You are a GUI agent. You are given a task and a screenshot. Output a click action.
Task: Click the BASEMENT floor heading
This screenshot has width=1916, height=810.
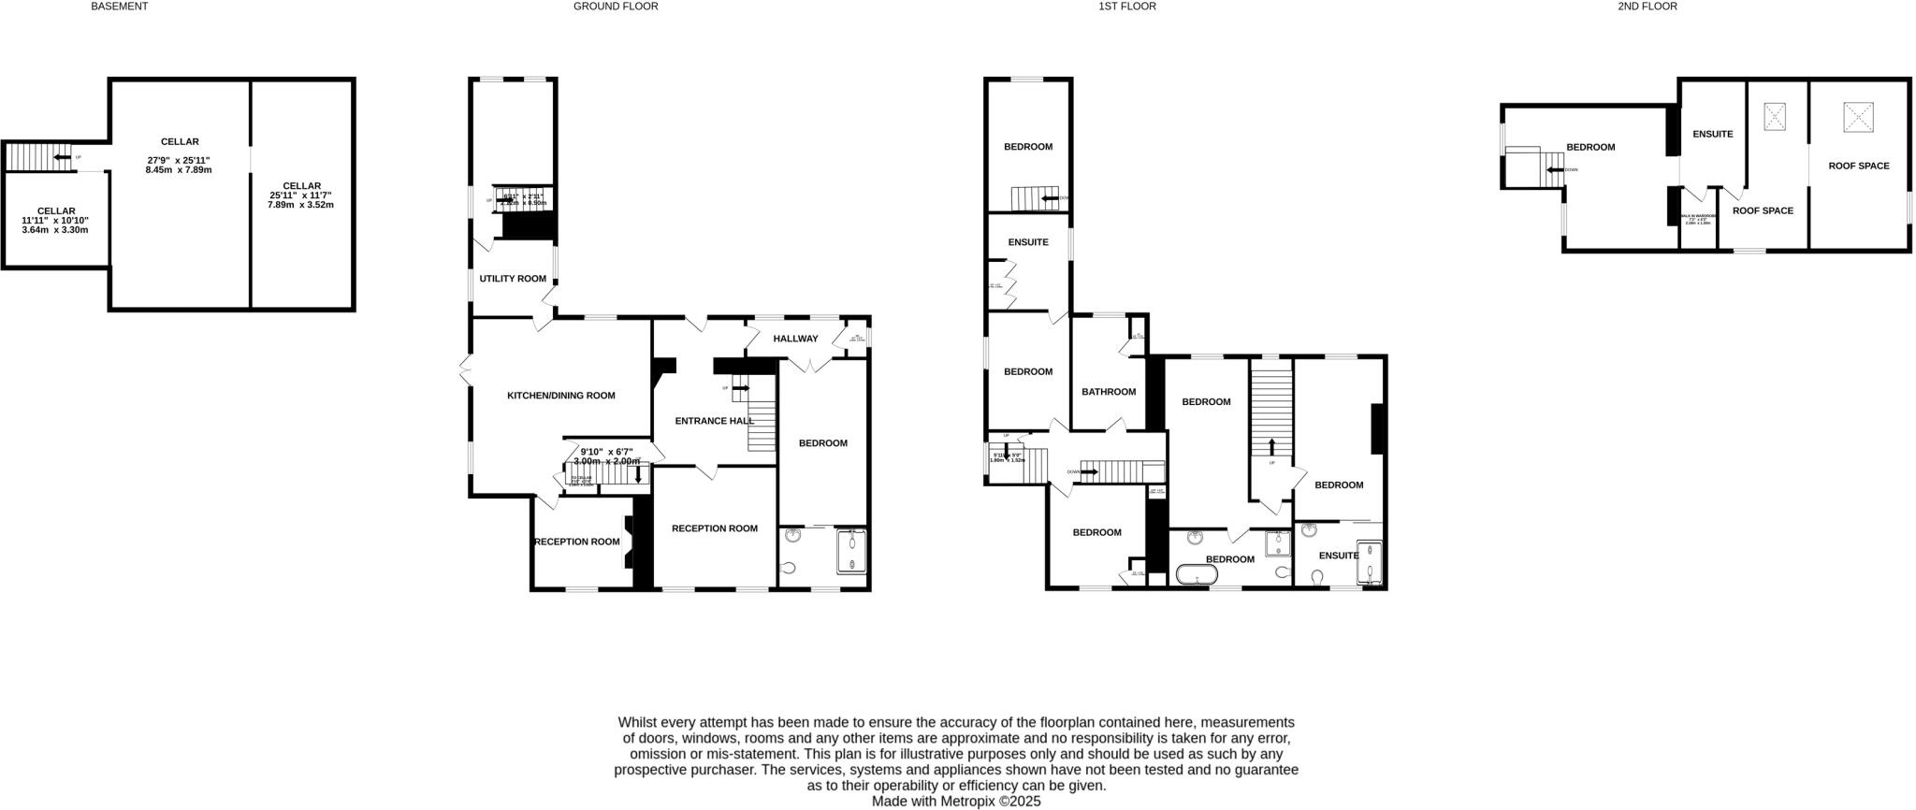(x=119, y=7)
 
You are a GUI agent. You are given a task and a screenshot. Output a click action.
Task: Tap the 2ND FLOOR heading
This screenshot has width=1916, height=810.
(x=1647, y=7)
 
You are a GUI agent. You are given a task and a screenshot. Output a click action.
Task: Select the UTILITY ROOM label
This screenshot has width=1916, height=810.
(x=513, y=279)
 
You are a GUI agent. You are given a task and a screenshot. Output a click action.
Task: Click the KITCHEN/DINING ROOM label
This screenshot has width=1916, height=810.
(x=560, y=396)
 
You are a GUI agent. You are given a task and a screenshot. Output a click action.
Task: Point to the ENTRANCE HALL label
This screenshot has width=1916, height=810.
(x=714, y=421)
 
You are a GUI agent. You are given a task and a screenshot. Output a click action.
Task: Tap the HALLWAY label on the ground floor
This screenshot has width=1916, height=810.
(x=795, y=339)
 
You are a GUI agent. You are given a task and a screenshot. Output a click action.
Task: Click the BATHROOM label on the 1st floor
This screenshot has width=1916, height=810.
(x=1109, y=392)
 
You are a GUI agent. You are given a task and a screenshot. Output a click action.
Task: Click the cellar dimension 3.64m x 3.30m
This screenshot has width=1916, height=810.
(x=55, y=230)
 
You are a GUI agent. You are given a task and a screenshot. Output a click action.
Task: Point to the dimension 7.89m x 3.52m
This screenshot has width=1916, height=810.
(x=301, y=205)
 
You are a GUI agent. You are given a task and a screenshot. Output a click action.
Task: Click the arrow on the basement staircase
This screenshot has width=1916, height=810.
(x=64, y=157)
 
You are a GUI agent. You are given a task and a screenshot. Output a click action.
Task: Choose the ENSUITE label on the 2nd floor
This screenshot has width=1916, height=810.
(x=1712, y=134)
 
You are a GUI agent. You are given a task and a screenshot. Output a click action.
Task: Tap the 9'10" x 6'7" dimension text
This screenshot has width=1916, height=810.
(x=607, y=452)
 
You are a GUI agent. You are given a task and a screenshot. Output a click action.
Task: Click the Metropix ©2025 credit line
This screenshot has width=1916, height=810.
(x=955, y=802)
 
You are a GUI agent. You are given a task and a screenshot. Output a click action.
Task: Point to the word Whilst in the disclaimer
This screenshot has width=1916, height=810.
(x=638, y=722)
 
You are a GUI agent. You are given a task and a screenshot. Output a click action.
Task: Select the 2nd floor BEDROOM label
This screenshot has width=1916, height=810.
(x=1590, y=148)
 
